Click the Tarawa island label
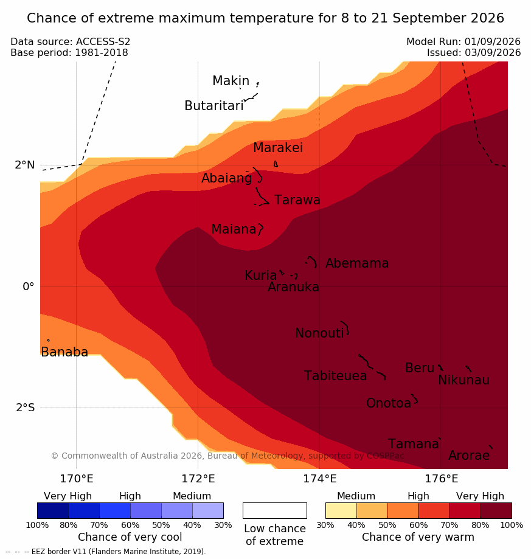tap(297, 200)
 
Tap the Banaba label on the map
tap(64, 352)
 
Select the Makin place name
tap(231, 80)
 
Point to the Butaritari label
tap(214, 105)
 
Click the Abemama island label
tap(357, 263)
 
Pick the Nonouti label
tap(319, 333)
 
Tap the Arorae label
tap(469, 456)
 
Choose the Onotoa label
tap(389, 403)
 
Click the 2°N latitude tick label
tap(25, 165)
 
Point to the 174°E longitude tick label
tap(320, 479)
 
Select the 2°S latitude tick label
tap(26, 408)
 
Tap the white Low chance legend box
tap(275, 510)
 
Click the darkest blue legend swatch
tap(53, 510)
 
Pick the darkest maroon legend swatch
tap(496, 510)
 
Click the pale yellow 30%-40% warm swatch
tap(341, 510)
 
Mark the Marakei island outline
tap(276, 164)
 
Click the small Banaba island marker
tap(49, 341)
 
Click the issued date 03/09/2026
tap(493, 53)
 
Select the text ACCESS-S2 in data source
tap(103, 42)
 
